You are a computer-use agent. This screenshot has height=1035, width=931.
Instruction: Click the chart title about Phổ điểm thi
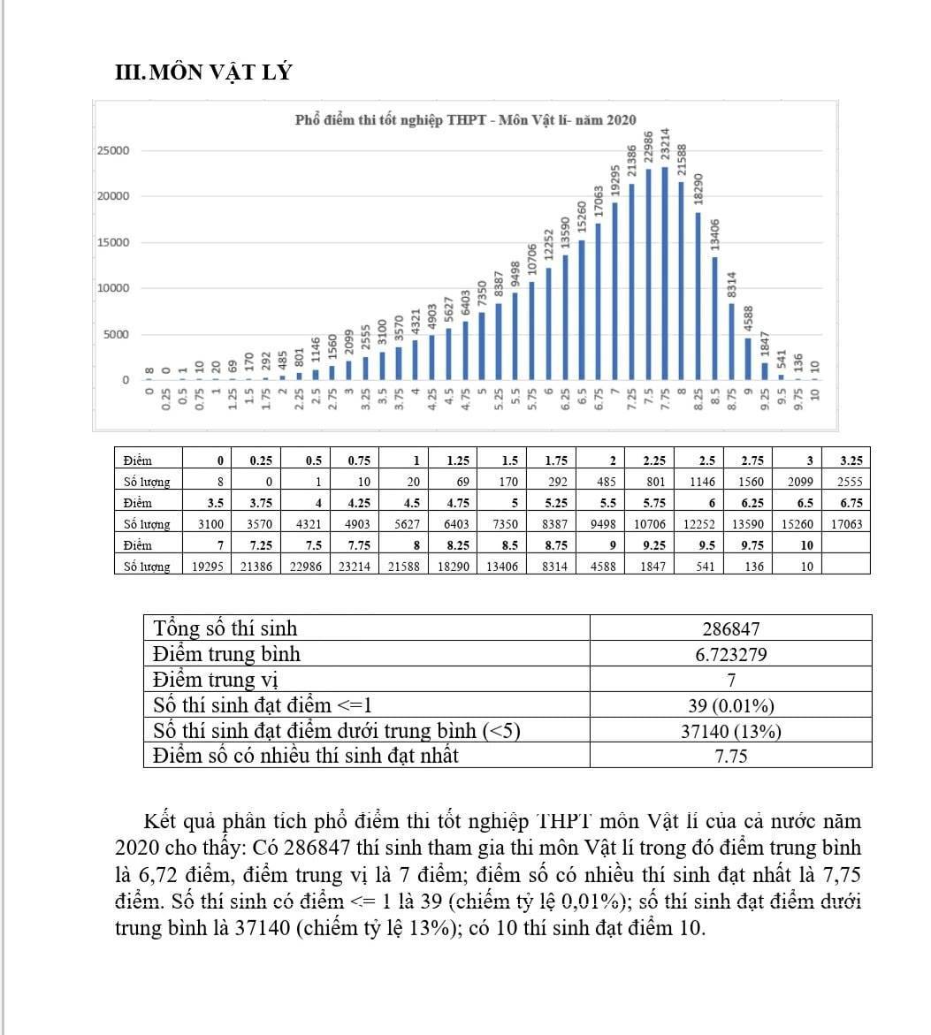(x=464, y=120)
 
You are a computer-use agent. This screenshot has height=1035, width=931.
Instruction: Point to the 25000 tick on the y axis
(x=112, y=150)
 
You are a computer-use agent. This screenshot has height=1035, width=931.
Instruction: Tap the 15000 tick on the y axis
(x=112, y=242)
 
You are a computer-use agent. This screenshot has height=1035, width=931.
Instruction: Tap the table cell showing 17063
(x=847, y=524)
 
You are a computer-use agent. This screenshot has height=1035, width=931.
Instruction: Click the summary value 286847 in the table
(x=730, y=629)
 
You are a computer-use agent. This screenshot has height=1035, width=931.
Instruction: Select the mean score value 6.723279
(x=730, y=655)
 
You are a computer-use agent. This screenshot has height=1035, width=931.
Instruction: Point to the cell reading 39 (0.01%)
(x=730, y=706)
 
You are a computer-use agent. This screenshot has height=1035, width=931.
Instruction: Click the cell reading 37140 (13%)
(x=730, y=731)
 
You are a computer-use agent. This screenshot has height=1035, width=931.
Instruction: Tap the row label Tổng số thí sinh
(x=225, y=629)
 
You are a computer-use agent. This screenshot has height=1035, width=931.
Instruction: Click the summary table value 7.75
(x=730, y=757)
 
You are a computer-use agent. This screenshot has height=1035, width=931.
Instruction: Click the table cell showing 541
(x=703, y=567)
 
